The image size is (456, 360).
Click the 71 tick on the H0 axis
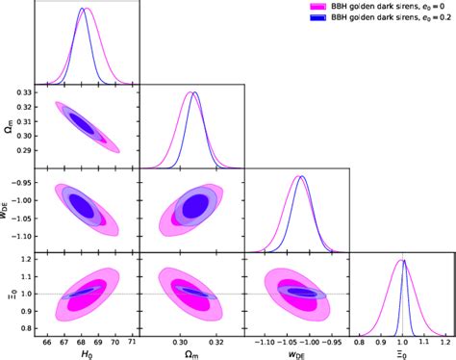click(134, 340)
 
